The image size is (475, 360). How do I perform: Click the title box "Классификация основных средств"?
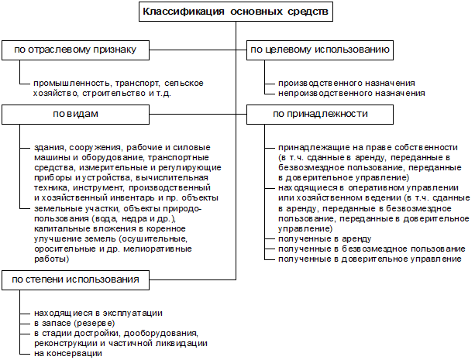237,12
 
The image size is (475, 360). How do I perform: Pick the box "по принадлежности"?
320,114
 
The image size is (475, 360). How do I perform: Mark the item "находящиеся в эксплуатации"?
98,313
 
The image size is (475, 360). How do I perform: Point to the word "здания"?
48,147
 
